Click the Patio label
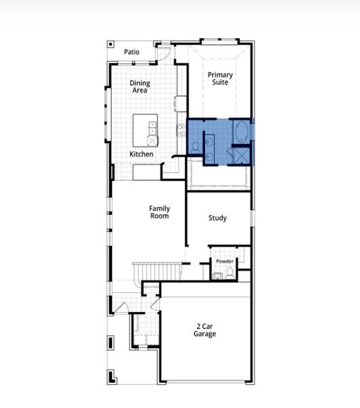[132, 52]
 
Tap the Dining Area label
[140, 87]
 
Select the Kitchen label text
[141, 154]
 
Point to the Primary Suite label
[220, 78]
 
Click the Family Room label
[160, 212]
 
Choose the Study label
[217, 218]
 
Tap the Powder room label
[225, 261]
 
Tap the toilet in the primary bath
[195, 146]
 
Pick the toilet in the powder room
[230, 272]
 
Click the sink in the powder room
[217, 275]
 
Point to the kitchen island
[145, 129]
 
